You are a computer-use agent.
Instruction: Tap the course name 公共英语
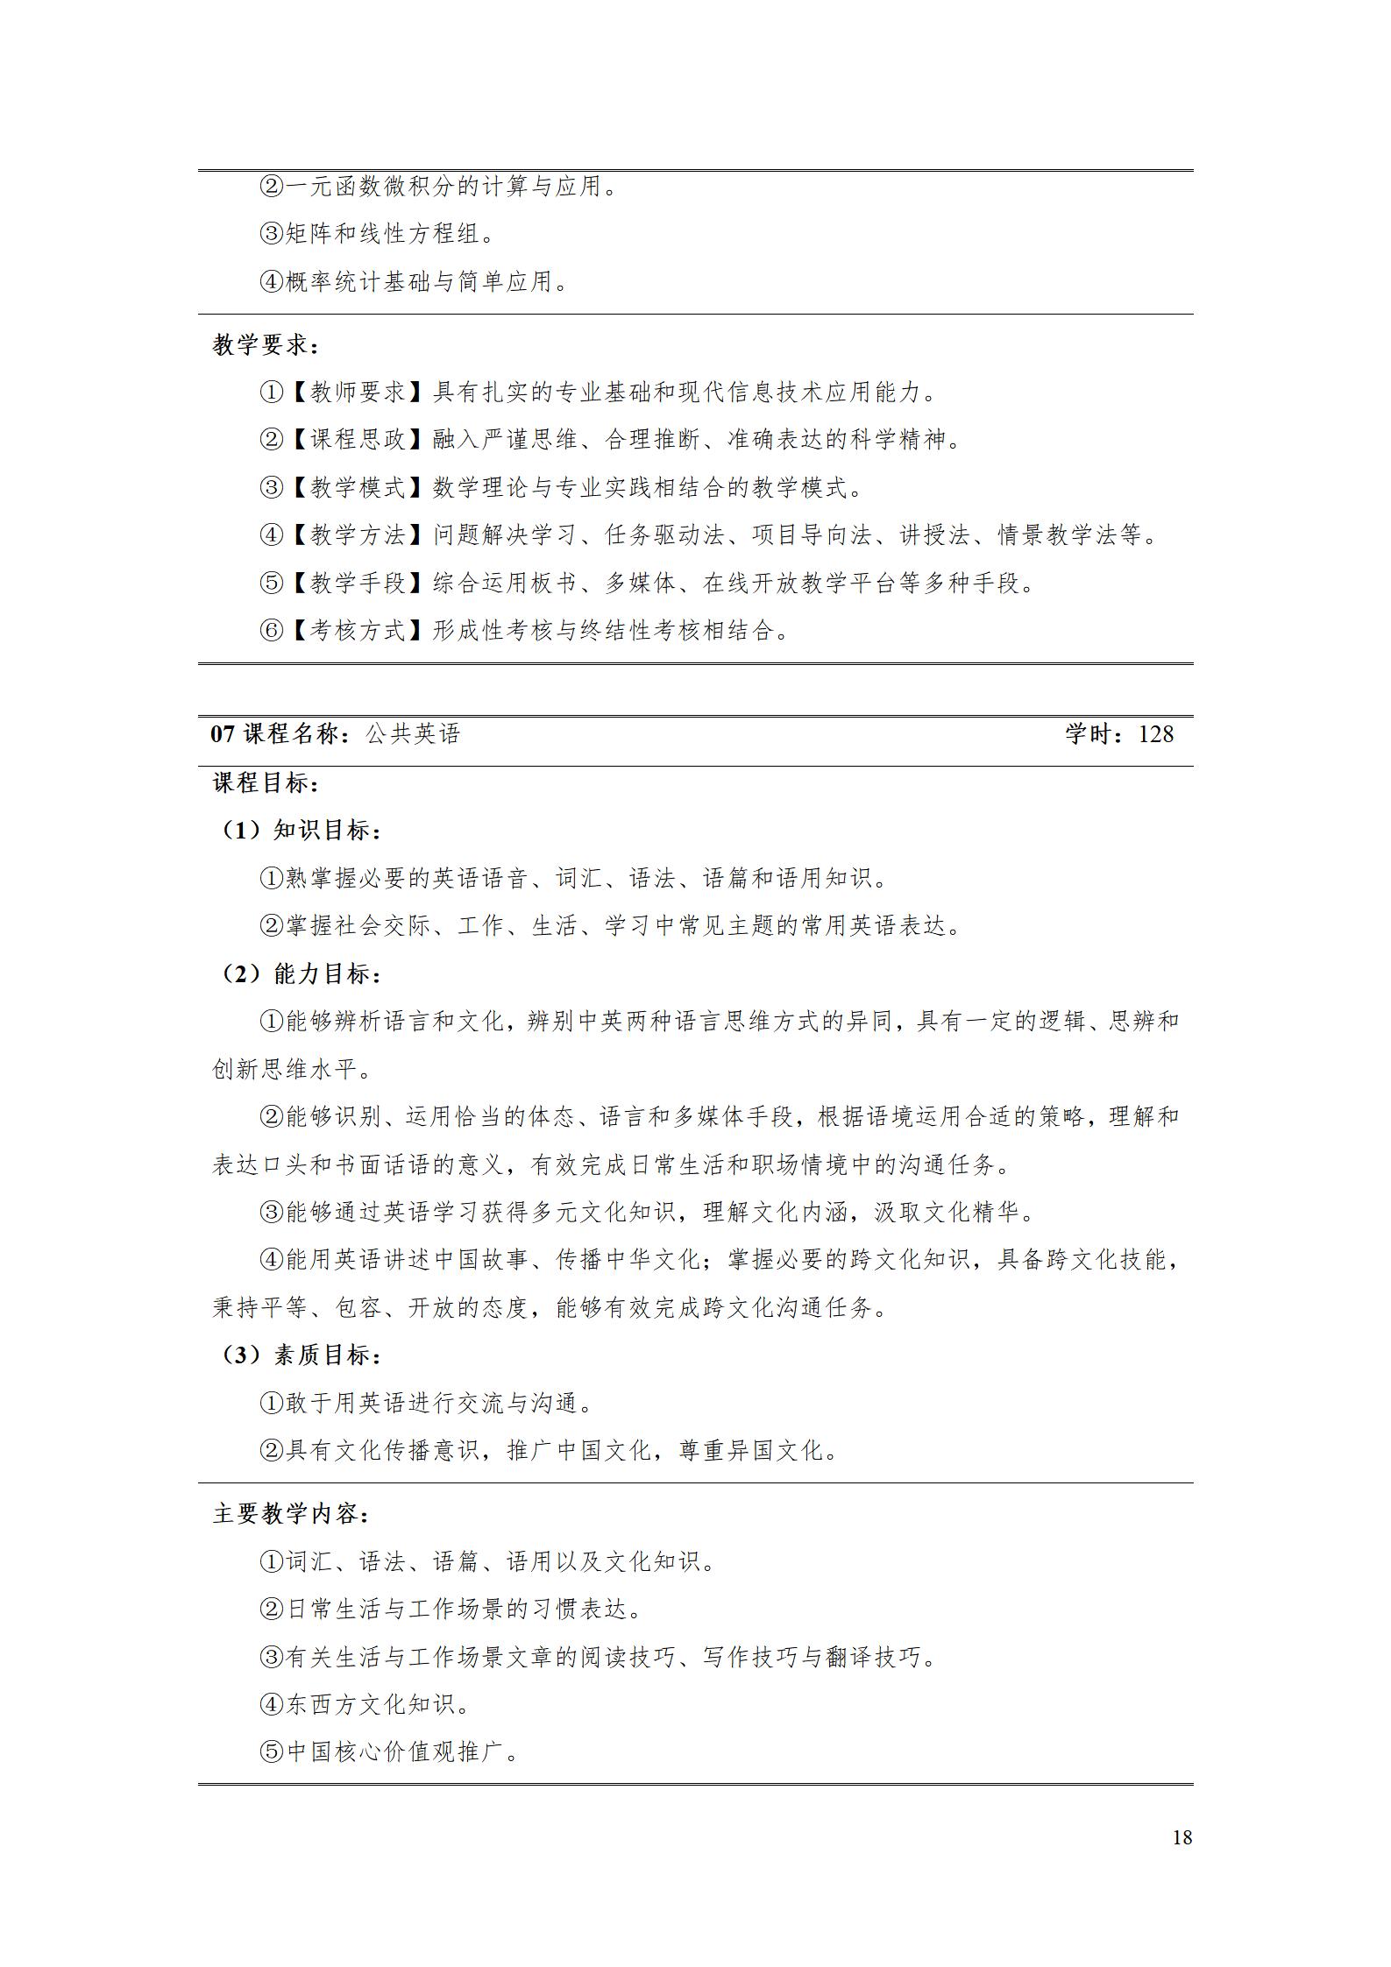413,733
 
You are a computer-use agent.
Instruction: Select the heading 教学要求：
266,345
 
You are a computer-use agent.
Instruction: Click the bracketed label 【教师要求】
358,393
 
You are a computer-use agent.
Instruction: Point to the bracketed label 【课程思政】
358,440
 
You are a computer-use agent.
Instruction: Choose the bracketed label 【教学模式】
358,487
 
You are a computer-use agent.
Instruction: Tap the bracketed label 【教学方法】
358,534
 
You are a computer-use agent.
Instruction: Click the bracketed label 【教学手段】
358,583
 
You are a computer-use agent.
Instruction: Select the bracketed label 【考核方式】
358,630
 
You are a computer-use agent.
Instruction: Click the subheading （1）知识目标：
299,830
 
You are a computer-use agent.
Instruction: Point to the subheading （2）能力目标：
299,973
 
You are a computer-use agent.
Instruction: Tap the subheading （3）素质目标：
299,1355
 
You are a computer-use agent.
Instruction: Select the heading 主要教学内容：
290,1514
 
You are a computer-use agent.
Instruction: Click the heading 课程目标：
266,782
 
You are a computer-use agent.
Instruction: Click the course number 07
223,733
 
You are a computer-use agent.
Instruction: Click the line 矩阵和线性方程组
379,233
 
